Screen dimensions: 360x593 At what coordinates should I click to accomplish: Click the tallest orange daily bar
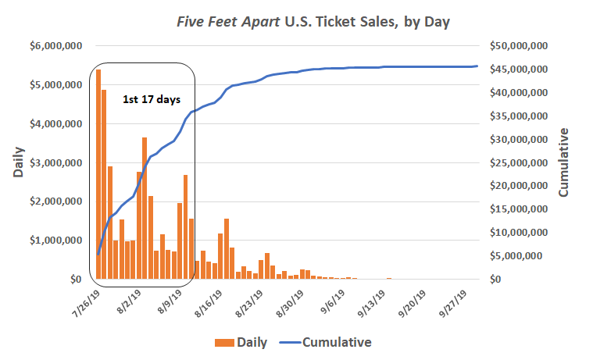[98, 174]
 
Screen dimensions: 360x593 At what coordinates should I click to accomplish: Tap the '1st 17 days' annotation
[152, 99]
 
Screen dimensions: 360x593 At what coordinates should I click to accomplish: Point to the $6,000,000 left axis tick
[57, 46]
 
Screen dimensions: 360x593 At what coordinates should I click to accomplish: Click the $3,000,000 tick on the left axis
[57, 162]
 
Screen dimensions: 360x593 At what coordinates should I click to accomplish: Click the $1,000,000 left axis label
[57, 241]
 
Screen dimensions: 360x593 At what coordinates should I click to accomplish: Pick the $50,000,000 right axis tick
[518, 46]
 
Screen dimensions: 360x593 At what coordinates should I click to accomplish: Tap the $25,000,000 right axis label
[518, 162]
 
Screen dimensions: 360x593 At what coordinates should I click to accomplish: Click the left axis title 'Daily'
[18, 162]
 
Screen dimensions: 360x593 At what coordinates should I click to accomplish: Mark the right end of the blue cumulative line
[477, 66]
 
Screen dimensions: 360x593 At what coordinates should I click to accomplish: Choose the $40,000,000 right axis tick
[518, 93]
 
